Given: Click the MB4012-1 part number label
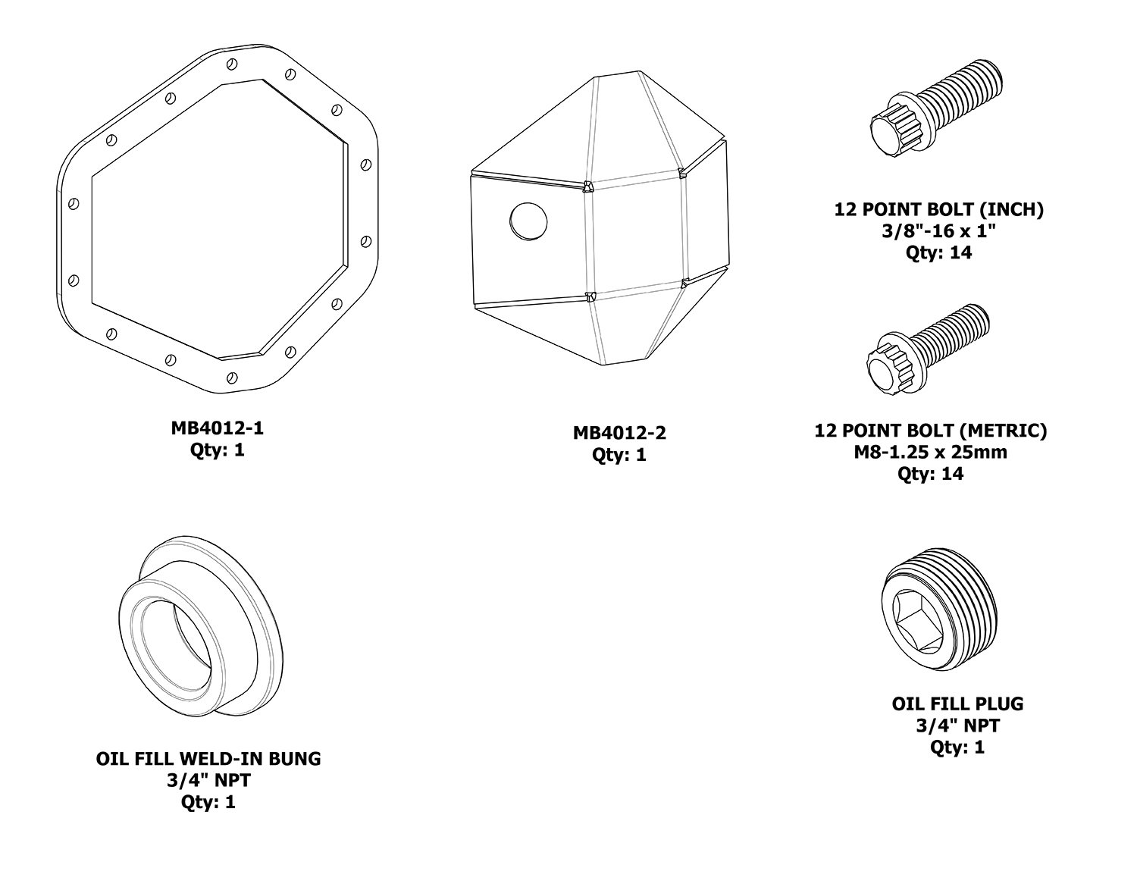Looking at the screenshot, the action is (217, 428).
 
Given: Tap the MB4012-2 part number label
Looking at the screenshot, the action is (619, 433).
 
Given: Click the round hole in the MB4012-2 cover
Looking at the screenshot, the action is (528, 221).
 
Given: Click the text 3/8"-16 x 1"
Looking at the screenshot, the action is (938, 230).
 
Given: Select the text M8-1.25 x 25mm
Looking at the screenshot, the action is (930, 452).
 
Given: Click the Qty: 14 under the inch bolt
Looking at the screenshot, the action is (938, 252).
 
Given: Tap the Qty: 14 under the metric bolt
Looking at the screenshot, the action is (930, 474).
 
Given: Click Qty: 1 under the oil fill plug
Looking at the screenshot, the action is (957, 747).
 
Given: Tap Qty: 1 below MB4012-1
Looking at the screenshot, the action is (217, 450).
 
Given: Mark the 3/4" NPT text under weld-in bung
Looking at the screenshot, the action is (208, 780).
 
